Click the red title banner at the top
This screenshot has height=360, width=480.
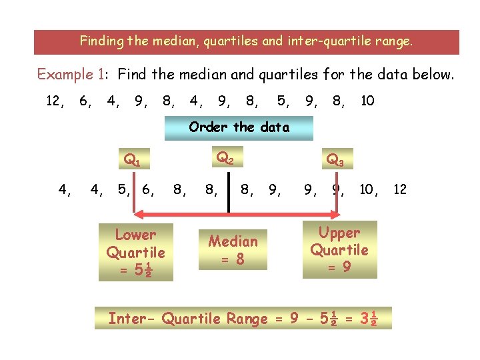(x=247, y=41)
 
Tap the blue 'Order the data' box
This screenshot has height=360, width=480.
(x=239, y=127)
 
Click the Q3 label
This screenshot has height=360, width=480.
(x=335, y=160)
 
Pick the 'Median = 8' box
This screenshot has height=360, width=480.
(x=233, y=249)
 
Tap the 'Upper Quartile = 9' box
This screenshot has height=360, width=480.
(x=339, y=250)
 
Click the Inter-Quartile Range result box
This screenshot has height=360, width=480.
(x=243, y=319)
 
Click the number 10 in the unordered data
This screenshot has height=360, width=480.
(x=367, y=101)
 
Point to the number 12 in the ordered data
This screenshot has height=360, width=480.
(x=400, y=190)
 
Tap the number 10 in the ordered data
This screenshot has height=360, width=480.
(x=367, y=190)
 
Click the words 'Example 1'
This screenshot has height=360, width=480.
(x=67, y=75)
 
